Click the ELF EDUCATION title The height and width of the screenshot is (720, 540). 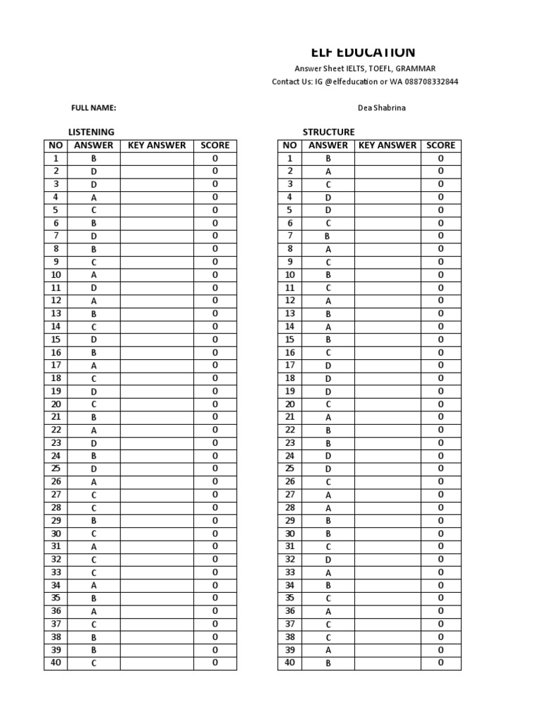click(x=363, y=52)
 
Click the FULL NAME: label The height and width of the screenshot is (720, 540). click(x=94, y=108)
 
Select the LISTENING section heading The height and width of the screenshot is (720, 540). click(x=91, y=131)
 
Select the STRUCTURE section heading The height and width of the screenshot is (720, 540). click(x=328, y=131)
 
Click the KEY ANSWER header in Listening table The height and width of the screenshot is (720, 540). click(x=157, y=146)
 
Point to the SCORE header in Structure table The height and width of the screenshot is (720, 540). click(x=441, y=146)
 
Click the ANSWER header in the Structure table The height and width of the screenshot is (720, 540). click(x=328, y=146)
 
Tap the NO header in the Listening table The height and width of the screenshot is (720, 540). click(x=56, y=146)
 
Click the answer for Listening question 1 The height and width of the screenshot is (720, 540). click(x=94, y=159)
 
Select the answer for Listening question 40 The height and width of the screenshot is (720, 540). click(x=94, y=663)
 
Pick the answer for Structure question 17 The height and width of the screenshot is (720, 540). click(x=328, y=366)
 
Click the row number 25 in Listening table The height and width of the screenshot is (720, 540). click(x=56, y=469)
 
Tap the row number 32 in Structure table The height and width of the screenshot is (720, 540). click(x=290, y=560)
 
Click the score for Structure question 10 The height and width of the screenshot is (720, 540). click(x=441, y=275)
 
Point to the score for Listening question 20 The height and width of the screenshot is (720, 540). click(x=215, y=404)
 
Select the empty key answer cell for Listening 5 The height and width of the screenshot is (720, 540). click(x=157, y=210)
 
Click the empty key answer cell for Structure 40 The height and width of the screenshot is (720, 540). click(x=387, y=663)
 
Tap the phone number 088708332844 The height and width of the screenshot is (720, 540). click(x=428, y=82)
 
